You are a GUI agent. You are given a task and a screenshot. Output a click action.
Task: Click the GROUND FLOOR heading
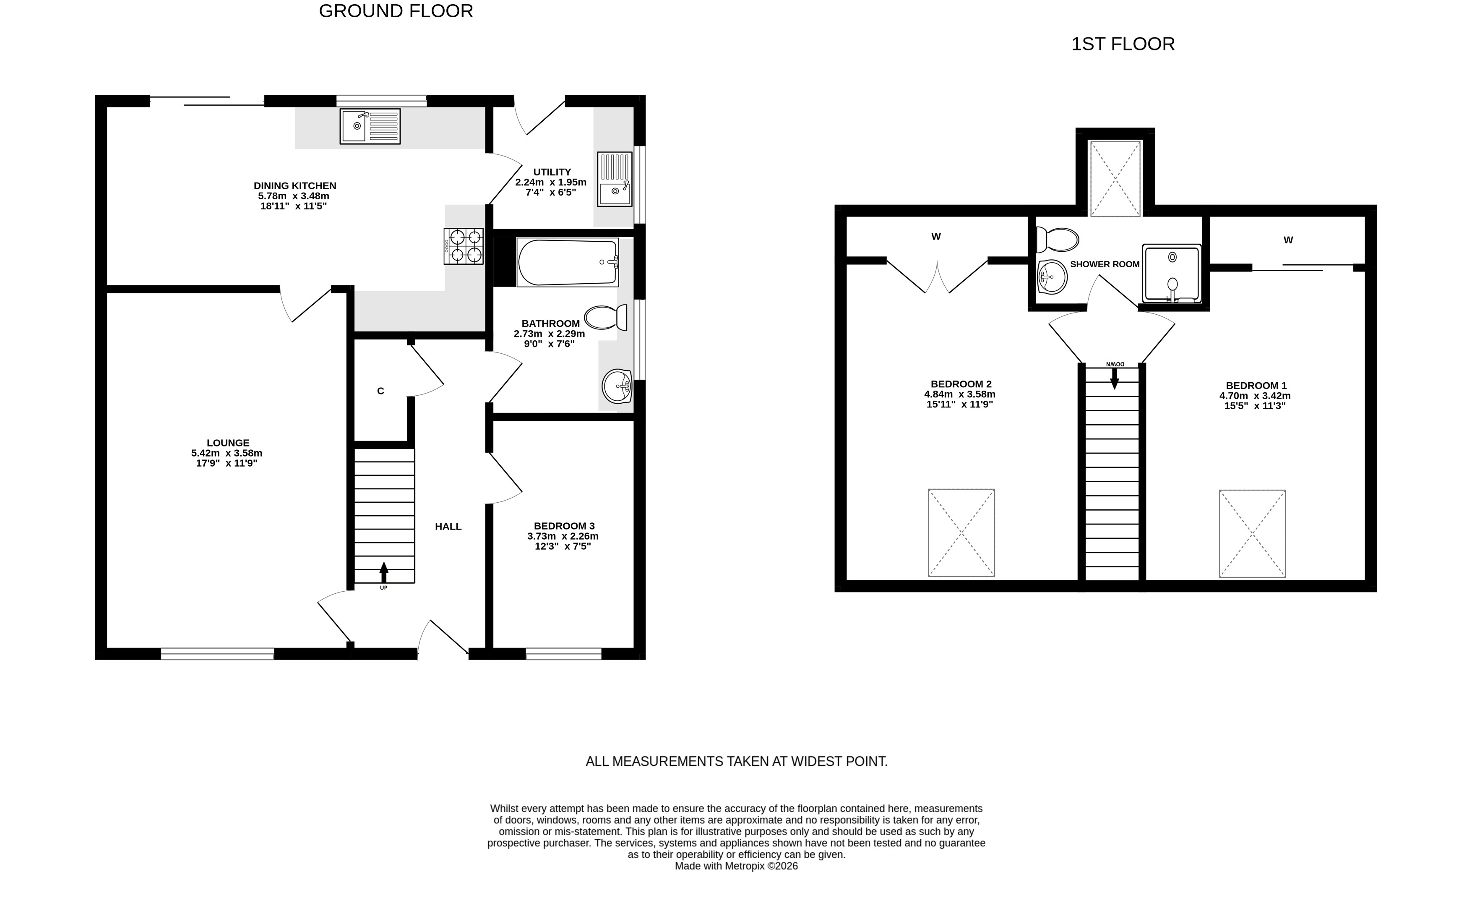coord(396,11)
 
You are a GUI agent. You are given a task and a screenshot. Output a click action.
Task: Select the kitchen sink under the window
coord(370,126)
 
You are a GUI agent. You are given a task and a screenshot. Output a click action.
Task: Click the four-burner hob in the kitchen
coord(464,246)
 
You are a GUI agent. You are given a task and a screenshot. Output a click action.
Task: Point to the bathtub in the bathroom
coord(568,262)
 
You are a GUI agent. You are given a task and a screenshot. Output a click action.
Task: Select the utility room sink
coord(615,179)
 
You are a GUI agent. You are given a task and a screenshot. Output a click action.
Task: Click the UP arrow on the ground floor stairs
coord(383,572)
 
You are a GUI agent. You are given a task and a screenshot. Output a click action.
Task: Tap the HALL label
coord(448,527)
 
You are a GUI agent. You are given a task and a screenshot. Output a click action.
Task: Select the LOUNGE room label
coord(228,443)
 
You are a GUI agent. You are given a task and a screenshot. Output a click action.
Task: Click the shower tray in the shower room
coord(1172,273)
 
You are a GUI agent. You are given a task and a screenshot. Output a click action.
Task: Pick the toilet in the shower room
coord(1057,239)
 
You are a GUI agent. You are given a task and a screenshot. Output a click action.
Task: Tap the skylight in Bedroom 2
coord(961,532)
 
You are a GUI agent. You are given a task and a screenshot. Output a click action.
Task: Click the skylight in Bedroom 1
coord(1252,534)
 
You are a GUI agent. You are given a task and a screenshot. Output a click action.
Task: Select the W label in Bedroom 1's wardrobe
coord(1288,240)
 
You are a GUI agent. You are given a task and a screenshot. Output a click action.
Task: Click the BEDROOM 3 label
coord(564,526)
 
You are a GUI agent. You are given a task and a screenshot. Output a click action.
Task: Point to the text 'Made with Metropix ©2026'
coord(736,866)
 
